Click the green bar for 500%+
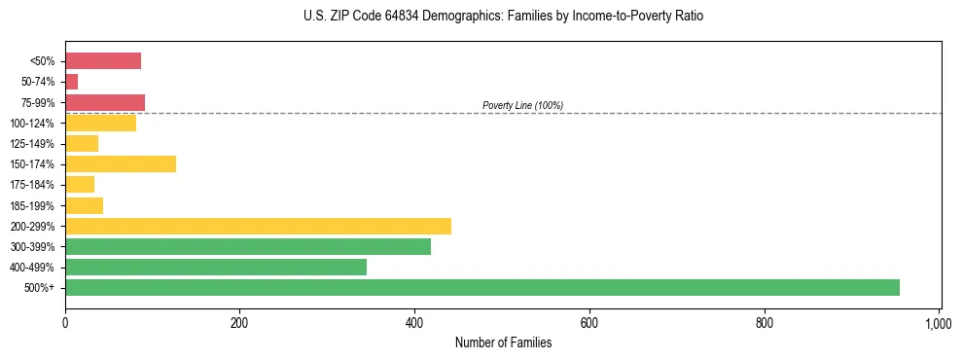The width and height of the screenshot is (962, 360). pos(481,287)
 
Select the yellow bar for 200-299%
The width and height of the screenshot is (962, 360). pos(258,226)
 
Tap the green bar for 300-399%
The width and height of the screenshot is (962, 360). pos(247,246)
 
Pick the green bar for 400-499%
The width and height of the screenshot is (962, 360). pos(215,267)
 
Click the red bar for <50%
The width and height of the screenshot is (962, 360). pos(103,61)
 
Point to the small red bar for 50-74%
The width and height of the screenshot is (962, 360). pos(71,82)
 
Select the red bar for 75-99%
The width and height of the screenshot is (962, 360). pos(105,102)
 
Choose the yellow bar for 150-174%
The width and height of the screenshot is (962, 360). pos(121,163)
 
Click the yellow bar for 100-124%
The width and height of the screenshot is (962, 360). pos(100,123)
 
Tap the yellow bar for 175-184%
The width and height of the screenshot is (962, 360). pos(80,184)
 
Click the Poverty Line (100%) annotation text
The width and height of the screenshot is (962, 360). pos(522,105)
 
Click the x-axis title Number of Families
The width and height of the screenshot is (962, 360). pos(503,342)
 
